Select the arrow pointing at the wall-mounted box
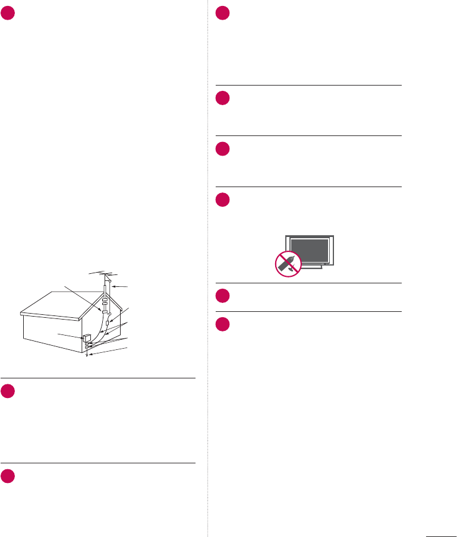(x=70, y=336)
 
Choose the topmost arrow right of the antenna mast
(x=121, y=287)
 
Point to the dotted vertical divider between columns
(x=207, y=267)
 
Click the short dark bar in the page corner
(x=440, y=534)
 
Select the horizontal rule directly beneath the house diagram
(x=98, y=378)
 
